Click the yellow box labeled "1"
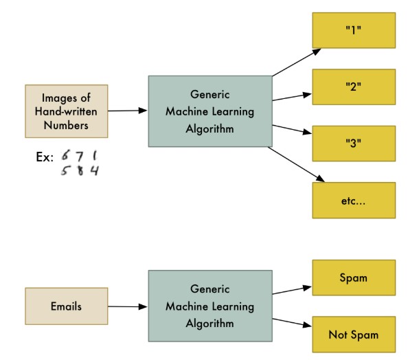pyautogui.click(x=354, y=30)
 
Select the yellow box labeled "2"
pyautogui.click(x=354, y=87)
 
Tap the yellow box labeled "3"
pyautogui.click(x=354, y=144)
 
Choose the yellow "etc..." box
pyautogui.click(x=354, y=200)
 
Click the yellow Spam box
pyautogui.click(x=354, y=278)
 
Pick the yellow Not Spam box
pyautogui.click(x=354, y=334)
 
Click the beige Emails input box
pyautogui.click(x=67, y=306)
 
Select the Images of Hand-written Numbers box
pyautogui.click(x=67, y=111)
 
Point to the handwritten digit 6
pyautogui.click(x=65, y=155)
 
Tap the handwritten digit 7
pyautogui.click(x=80, y=156)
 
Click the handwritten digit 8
pyautogui.click(x=80, y=170)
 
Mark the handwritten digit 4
pyautogui.click(x=95, y=170)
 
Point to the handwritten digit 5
pyautogui.click(x=65, y=170)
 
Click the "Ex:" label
pyautogui.click(x=45, y=157)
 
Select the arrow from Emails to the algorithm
pyautogui.click(x=128, y=306)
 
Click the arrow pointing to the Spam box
pyautogui.click(x=292, y=290)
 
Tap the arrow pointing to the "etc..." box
pyautogui.click(x=296, y=164)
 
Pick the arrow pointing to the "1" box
pyautogui.click(x=297, y=63)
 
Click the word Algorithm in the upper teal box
pyautogui.click(x=209, y=129)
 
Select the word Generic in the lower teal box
pyautogui.click(x=209, y=289)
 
